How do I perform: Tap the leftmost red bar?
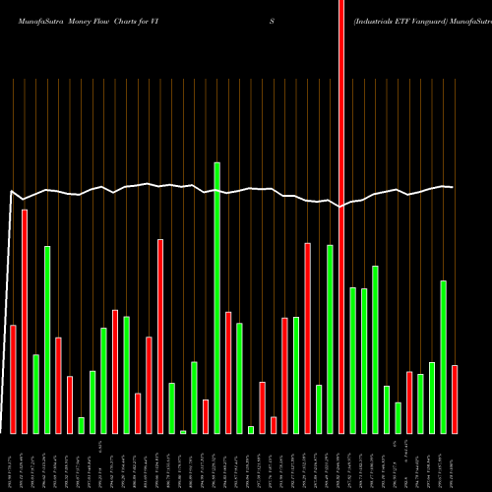13,379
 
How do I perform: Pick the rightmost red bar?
455,399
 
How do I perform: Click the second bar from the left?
25,321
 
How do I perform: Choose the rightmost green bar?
444,356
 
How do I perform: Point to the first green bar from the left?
35,394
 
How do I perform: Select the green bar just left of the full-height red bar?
331,338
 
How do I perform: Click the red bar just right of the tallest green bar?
228,372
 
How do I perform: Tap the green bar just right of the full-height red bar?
352,360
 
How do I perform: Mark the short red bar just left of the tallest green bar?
206,416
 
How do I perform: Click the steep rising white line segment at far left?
9,295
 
